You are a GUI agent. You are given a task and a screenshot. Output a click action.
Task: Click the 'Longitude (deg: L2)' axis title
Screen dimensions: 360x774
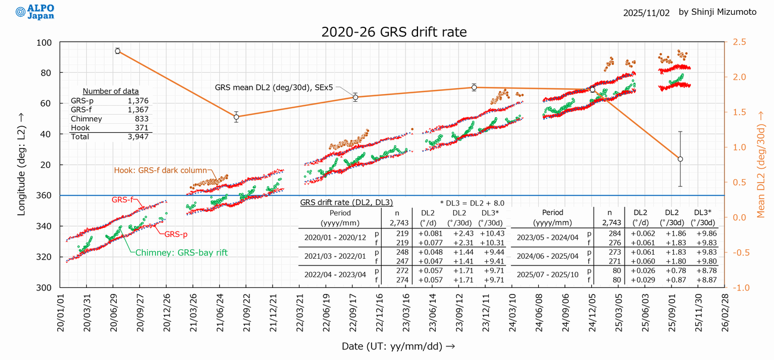pyautogui.click(x=21, y=165)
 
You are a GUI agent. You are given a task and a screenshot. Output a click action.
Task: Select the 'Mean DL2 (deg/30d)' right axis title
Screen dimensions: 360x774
pyautogui.click(x=763, y=165)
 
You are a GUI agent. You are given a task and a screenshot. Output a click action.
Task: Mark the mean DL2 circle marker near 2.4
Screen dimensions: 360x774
pyautogui.click(x=117, y=51)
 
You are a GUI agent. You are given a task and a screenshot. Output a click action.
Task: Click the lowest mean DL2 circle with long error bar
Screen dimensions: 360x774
pyautogui.click(x=680, y=159)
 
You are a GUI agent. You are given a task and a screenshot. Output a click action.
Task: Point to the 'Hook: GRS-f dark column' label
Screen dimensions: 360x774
pyautogui.click(x=160, y=170)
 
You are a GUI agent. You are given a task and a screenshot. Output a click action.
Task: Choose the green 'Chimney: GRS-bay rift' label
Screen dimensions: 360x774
pyautogui.click(x=182, y=253)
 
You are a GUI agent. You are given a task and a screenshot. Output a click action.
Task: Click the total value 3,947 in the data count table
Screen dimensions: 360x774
pyautogui.click(x=140, y=136)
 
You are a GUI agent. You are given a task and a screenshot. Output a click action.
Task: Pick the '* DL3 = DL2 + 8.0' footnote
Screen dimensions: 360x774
pyautogui.click(x=472, y=203)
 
